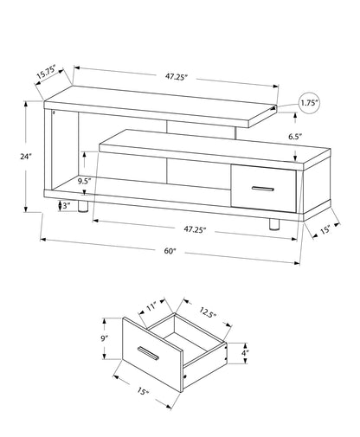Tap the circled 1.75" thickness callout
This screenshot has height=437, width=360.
point(310,103)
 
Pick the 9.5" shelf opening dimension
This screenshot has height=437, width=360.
point(85,181)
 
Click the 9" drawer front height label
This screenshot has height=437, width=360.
point(104,338)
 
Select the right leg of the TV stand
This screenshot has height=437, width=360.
point(274,223)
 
